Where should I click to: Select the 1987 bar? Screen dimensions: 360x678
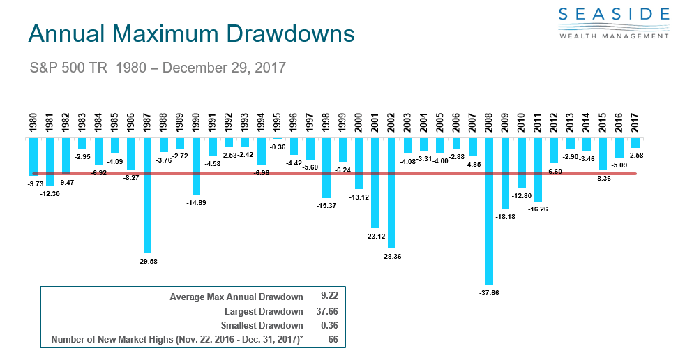tap(147, 195)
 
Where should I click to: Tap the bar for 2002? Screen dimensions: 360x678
tap(391, 193)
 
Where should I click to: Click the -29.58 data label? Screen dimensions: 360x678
tap(147, 260)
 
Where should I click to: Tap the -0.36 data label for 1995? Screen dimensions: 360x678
tap(278, 147)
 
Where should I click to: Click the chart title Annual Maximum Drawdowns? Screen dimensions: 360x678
tap(190, 34)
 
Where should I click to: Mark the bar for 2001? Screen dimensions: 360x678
tap(375, 182)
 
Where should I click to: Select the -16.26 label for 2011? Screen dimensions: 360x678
tap(537, 208)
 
